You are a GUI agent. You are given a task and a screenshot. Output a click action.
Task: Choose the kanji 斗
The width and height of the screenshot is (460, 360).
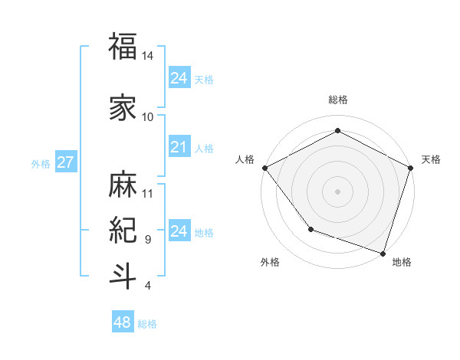coord(123,276)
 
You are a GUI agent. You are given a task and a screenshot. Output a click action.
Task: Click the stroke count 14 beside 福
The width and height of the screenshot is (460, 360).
coord(148,57)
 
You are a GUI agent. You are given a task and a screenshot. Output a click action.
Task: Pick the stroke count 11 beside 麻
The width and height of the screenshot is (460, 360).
coord(148,193)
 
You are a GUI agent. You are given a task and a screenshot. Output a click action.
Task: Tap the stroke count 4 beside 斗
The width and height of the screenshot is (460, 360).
coord(147,286)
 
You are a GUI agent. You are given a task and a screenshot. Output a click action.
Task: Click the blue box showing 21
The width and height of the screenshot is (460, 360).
coord(179,147)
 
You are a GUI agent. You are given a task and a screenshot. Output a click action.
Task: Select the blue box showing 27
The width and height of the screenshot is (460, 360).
coord(65,162)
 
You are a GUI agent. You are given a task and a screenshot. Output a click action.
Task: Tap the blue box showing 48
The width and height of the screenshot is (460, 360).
coord(123,322)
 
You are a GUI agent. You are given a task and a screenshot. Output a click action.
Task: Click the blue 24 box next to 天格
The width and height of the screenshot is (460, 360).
coord(179,78)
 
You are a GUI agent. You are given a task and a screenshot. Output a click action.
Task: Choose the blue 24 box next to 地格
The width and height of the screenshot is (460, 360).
coord(179,231)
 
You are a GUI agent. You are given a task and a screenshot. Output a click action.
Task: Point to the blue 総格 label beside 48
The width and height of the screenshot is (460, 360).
coord(147,324)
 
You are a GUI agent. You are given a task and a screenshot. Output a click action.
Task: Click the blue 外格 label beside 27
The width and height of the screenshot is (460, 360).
coord(41,164)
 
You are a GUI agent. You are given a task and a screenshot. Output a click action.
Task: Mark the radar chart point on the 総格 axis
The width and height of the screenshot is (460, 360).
coord(337,130)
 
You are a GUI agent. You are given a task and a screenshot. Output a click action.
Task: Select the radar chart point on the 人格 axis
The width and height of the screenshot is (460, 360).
coord(264,168)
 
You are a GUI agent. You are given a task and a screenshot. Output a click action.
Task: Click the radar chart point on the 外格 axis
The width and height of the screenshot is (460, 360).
coord(310,229)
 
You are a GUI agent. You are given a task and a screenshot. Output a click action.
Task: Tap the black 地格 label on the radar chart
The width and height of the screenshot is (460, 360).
coord(402,263)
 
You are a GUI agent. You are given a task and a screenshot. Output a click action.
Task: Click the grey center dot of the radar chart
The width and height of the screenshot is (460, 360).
coord(337,191)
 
